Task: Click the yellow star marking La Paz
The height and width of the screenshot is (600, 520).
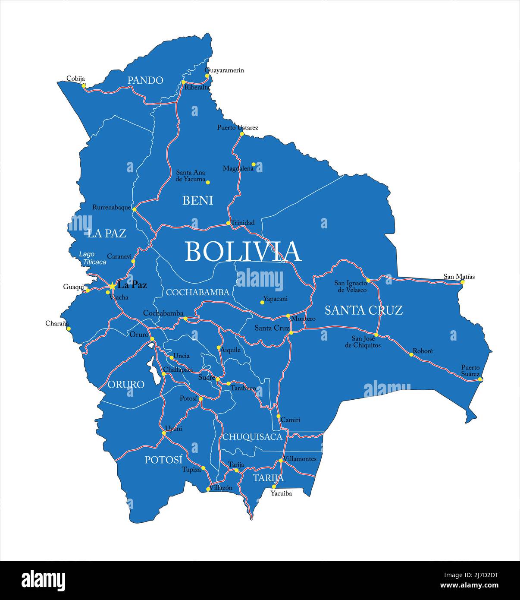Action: [112, 286]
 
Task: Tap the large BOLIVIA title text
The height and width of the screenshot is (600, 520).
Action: [243, 251]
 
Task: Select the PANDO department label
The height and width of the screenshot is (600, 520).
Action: [145, 80]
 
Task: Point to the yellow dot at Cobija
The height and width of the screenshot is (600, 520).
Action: [84, 85]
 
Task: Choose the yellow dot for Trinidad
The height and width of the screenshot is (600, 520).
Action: [228, 223]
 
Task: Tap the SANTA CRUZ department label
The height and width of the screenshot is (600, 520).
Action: [363, 310]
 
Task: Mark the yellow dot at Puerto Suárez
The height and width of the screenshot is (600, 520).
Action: [480, 379]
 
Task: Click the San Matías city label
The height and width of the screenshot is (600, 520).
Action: [459, 276]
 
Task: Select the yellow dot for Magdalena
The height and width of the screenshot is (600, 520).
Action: [254, 164]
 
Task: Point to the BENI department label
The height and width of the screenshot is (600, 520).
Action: [198, 200]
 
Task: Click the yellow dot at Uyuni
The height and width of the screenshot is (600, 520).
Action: [164, 433]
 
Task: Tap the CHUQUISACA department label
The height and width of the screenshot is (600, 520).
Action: [252, 437]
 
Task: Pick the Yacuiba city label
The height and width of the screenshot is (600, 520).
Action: [281, 493]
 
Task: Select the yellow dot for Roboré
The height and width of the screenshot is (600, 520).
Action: [411, 354]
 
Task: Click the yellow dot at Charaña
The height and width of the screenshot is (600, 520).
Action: [69, 328]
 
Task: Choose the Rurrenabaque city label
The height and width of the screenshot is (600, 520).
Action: [111, 208]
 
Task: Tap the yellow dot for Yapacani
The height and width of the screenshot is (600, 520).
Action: [262, 302]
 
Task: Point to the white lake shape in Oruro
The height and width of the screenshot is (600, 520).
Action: [152, 367]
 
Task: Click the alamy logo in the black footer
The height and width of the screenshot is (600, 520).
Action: [43, 580]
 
